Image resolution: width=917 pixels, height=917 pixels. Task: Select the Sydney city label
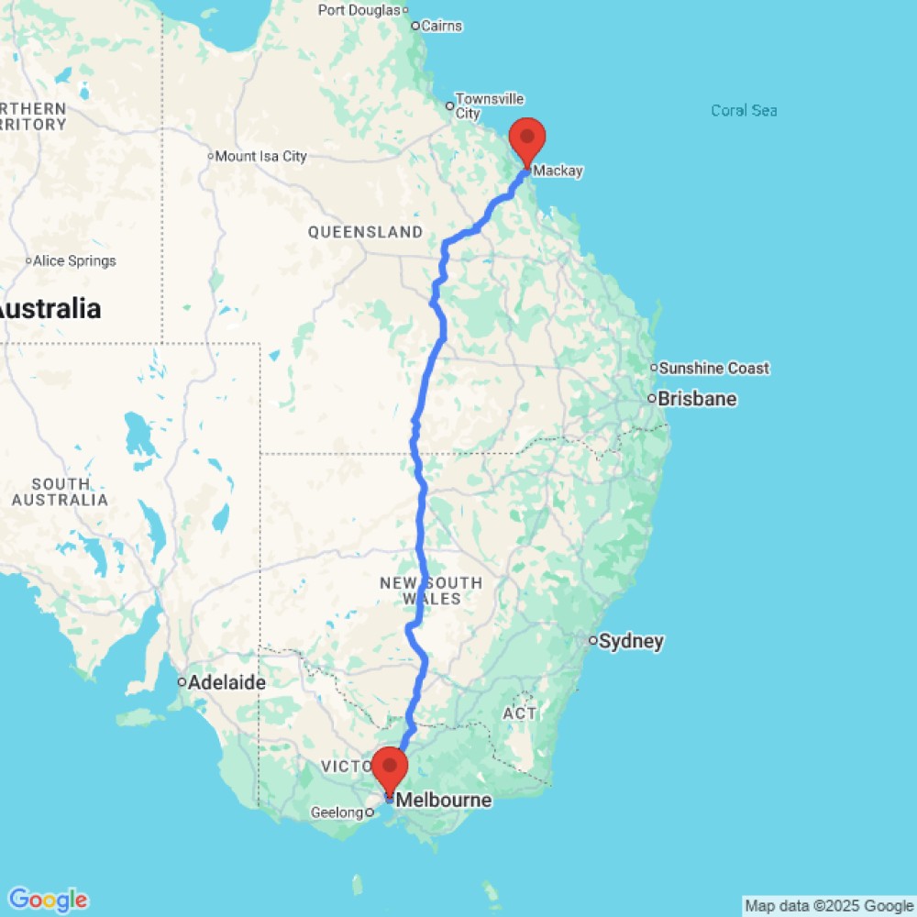[x=631, y=641]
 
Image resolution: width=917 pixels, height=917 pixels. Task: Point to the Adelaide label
[x=226, y=682]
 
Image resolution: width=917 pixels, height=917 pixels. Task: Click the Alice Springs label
[x=75, y=260]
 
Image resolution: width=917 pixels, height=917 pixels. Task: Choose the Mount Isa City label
[x=261, y=156]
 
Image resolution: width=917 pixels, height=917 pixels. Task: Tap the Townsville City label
[x=490, y=105]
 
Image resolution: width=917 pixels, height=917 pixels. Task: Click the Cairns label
[x=439, y=26]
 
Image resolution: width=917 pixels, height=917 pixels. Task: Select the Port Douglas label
[x=360, y=10]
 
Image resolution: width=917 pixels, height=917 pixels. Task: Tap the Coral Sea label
[x=744, y=110]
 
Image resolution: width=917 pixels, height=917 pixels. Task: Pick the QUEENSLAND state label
[x=365, y=232]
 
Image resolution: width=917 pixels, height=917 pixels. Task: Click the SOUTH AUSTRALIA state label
[x=60, y=492]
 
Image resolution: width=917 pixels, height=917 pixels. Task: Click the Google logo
[x=47, y=900]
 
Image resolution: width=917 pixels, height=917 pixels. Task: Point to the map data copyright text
[x=829, y=906]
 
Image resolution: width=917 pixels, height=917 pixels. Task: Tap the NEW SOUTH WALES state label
[x=430, y=591]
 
